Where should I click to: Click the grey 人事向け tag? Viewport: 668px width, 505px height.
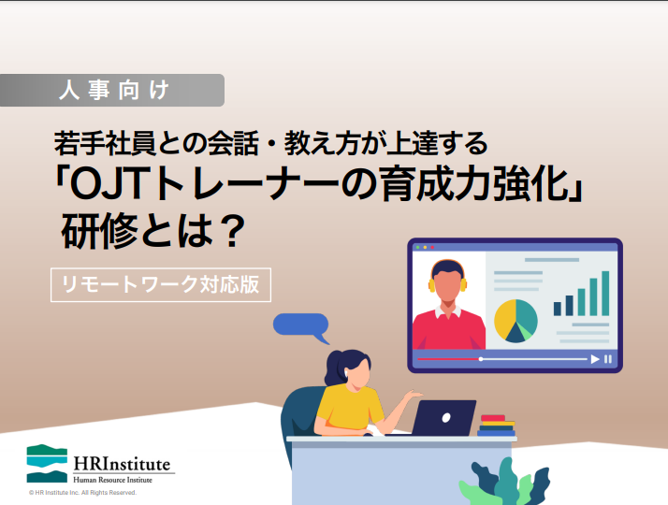click(x=112, y=91)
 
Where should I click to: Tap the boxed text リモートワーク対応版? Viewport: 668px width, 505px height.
click(x=161, y=285)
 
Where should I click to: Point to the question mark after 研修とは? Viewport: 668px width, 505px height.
click(x=230, y=232)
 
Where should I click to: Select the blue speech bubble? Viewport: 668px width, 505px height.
click(x=301, y=326)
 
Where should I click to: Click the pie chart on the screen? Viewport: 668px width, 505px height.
click(x=516, y=321)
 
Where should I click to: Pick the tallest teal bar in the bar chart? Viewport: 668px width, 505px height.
click(x=605, y=294)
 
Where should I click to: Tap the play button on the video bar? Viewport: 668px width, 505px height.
click(x=595, y=359)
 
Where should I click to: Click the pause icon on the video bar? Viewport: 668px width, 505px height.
click(x=608, y=359)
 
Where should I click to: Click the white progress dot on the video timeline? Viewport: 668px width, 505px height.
click(x=481, y=359)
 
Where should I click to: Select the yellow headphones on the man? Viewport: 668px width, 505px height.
click(x=447, y=277)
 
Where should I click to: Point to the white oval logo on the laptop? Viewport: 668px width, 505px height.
click(x=446, y=418)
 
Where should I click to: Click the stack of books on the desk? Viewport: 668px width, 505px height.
click(x=496, y=426)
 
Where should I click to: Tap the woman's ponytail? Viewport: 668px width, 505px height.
click(x=334, y=368)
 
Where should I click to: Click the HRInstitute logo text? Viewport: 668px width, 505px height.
click(x=122, y=464)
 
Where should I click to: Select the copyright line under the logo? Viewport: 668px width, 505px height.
click(x=82, y=493)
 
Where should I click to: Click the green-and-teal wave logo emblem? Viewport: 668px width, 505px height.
click(x=47, y=463)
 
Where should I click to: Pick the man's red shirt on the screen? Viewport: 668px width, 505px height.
click(x=449, y=329)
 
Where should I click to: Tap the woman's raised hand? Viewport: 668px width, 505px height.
click(x=413, y=395)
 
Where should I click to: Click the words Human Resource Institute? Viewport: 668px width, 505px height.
click(x=112, y=480)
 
